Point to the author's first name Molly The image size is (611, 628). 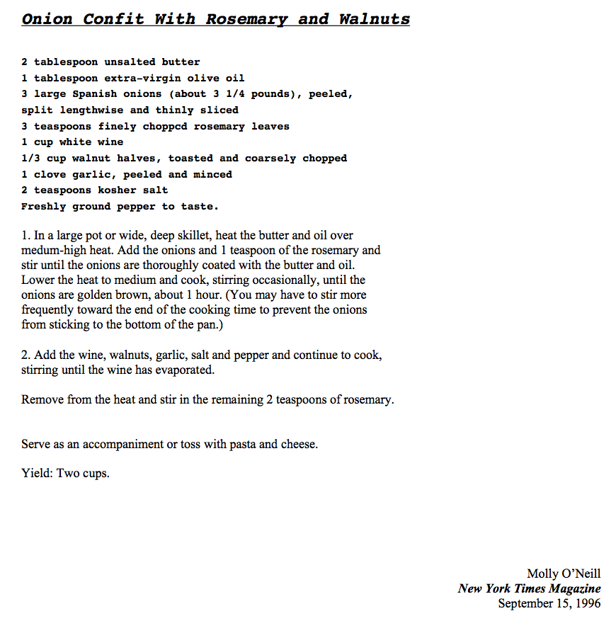tap(542, 573)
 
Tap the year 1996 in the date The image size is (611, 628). tap(588, 604)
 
